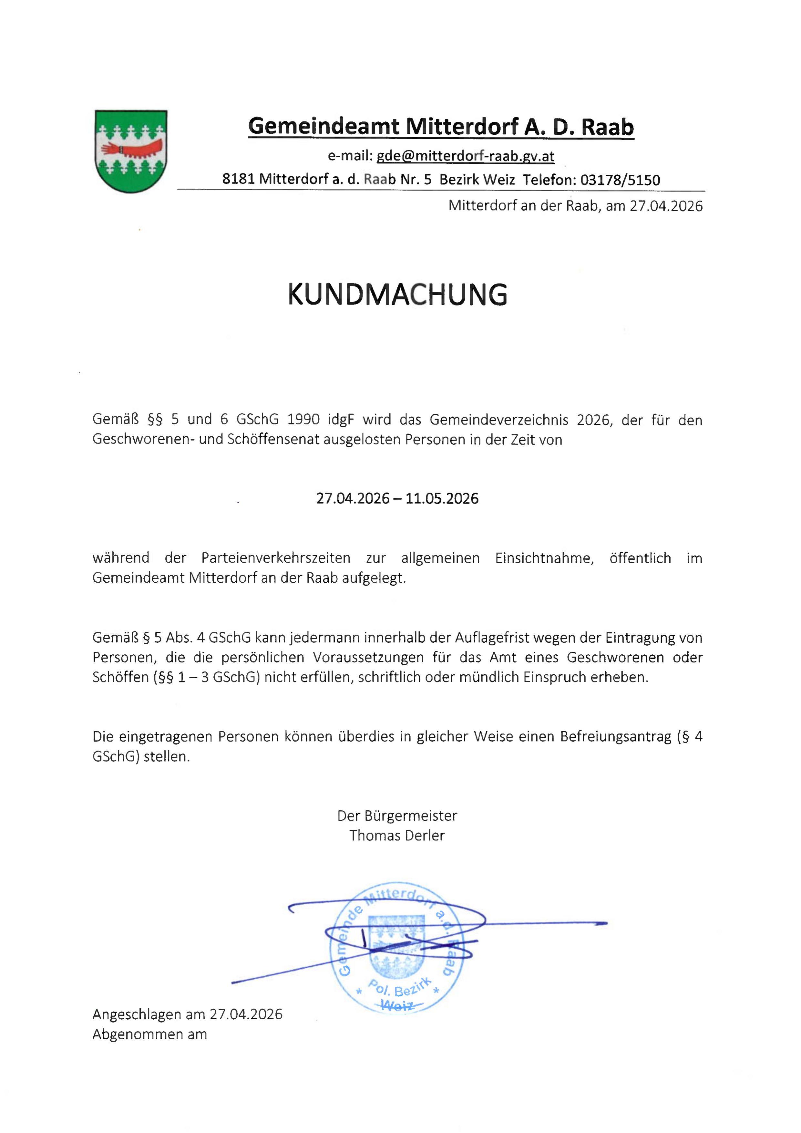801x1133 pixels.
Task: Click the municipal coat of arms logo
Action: [x=131, y=151]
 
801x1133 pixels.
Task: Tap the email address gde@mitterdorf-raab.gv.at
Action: [x=465, y=156]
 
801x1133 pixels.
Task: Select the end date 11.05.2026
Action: [x=442, y=498]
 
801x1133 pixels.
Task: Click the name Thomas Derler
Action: [x=397, y=836]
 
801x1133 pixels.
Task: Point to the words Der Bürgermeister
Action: [x=397, y=816]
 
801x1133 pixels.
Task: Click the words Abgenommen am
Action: [x=149, y=1034]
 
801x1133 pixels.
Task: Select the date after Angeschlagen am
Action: [x=246, y=1014]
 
